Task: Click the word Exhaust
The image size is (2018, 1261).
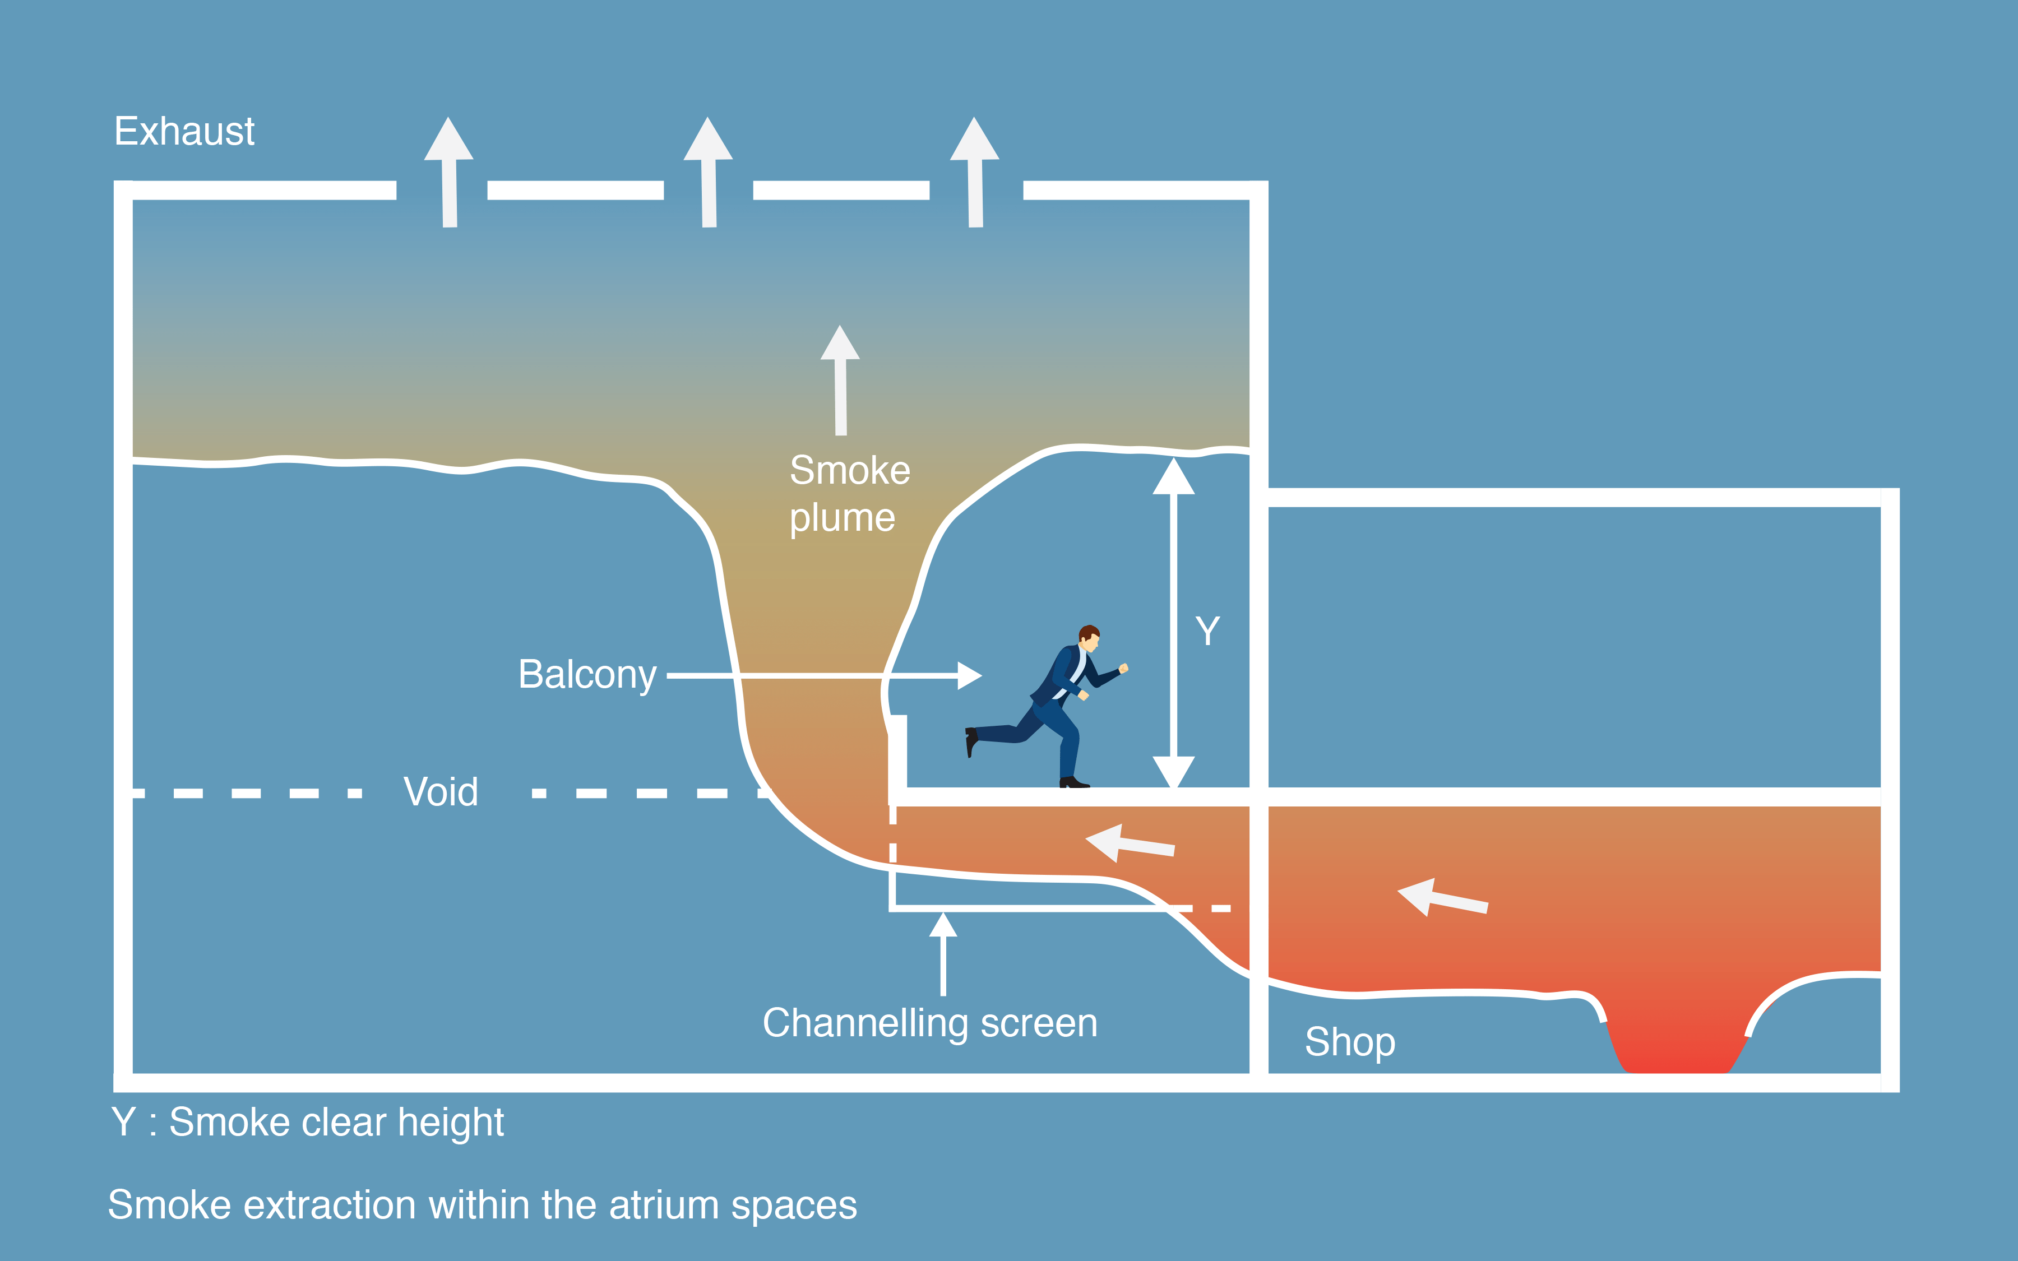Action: pos(184,132)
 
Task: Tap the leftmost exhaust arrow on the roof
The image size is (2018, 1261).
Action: pos(448,171)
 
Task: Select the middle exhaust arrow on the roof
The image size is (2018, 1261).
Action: pos(708,171)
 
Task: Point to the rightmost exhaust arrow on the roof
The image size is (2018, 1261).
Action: pos(974,171)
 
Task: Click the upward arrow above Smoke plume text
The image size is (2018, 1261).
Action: pos(840,379)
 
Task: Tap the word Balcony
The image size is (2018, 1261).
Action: pos(587,675)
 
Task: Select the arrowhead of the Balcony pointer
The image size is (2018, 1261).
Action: pos(969,675)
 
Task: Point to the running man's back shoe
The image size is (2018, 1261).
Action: pos(971,740)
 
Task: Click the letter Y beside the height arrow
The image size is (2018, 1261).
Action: pos(1207,631)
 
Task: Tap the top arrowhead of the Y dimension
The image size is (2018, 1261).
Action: pos(1173,476)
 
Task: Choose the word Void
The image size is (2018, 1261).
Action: pos(440,792)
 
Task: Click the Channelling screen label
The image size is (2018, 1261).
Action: pos(930,1023)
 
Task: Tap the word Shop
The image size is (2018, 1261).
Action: pos(1350,1042)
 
